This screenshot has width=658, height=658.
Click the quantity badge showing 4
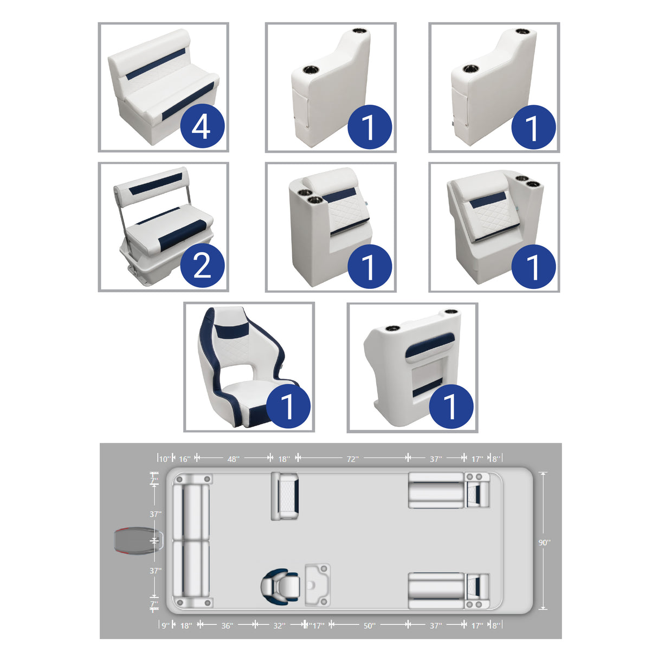tap(202, 127)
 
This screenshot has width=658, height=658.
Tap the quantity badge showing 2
tap(202, 266)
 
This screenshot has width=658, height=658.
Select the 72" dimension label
tap(352, 459)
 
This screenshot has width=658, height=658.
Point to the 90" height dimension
tap(544, 543)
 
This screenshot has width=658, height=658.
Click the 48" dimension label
tap(233, 459)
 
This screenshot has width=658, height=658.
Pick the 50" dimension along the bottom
tap(369, 625)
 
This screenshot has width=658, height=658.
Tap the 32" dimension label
tap(279, 625)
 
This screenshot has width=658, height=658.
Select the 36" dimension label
tap(227, 625)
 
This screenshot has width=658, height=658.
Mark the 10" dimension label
tap(164, 459)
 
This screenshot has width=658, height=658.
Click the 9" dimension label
tap(165, 625)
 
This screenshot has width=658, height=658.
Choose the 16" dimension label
tap(185, 459)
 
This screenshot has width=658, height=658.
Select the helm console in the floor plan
tap(318, 585)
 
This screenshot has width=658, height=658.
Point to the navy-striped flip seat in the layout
tap(285, 496)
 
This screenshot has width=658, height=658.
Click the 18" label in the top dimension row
tap(284, 459)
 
